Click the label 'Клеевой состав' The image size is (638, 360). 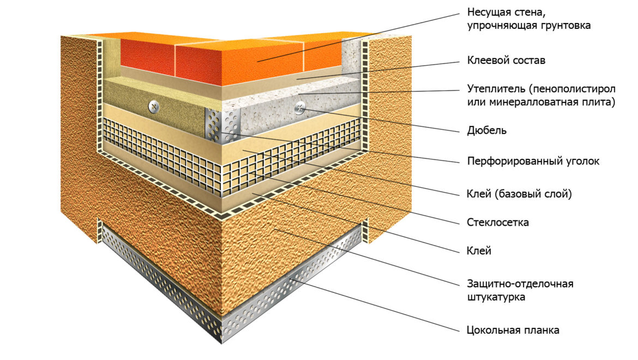click(x=506, y=61)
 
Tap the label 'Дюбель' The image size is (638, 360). click(x=486, y=130)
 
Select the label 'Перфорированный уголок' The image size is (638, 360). click(x=533, y=161)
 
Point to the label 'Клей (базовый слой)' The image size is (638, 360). click(x=519, y=194)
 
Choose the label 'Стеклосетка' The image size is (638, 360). click(x=498, y=223)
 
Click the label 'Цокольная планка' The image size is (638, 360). click(x=513, y=330)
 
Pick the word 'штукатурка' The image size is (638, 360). click(x=496, y=297)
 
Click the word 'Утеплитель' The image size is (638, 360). click(x=496, y=89)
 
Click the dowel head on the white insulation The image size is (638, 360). click(x=300, y=108)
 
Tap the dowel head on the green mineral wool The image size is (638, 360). click(x=153, y=106)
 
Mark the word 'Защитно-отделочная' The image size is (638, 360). click(x=520, y=284)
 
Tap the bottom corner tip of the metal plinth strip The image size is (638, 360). click(x=222, y=344)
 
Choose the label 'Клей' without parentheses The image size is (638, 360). click(x=479, y=250)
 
